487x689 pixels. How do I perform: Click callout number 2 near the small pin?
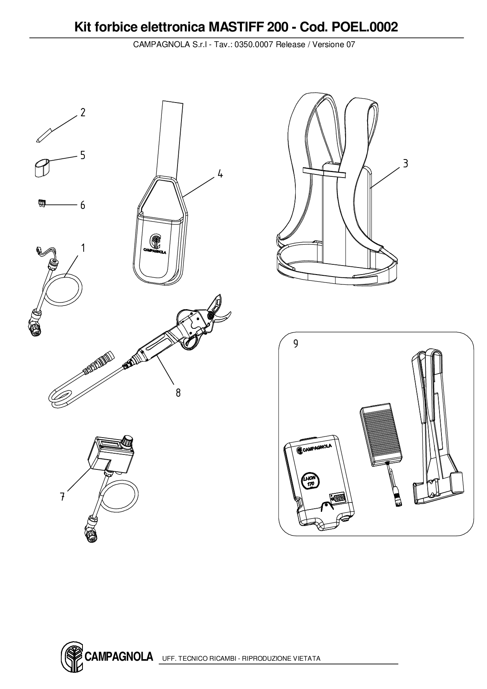[83, 113]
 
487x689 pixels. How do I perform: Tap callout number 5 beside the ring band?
[83, 155]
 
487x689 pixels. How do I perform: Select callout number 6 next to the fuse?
[82, 205]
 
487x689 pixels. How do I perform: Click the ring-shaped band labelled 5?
[41, 167]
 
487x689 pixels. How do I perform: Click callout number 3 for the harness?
[405, 163]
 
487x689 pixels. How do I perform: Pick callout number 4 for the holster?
[220, 174]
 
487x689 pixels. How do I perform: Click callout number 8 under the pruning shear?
[178, 392]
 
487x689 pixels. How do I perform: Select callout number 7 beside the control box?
[62, 497]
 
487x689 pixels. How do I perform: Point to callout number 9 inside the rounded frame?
[296, 344]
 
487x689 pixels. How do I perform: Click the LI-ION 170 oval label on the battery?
[311, 481]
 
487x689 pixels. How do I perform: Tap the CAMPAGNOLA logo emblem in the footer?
[72, 658]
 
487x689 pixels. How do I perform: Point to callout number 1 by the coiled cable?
[83, 247]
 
